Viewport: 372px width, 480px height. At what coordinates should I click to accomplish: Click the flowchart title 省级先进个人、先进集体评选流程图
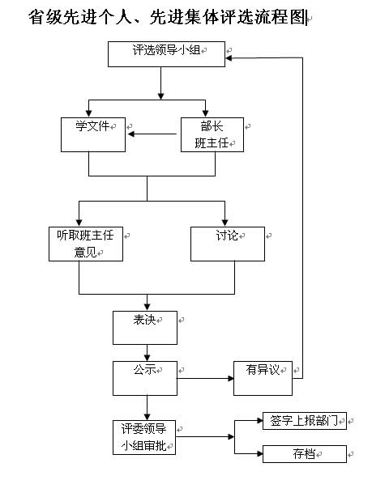167,17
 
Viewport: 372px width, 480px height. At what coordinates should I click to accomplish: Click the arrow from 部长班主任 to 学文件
152,134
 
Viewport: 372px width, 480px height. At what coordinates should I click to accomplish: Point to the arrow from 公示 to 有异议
205,379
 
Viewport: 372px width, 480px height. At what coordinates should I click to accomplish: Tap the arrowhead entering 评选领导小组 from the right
229,57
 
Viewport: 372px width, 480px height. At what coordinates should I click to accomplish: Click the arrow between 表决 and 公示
147,353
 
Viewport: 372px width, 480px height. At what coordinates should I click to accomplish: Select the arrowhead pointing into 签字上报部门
260,421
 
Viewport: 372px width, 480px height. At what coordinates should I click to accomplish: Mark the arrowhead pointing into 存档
260,453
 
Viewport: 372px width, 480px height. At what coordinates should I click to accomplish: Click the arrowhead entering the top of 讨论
225,223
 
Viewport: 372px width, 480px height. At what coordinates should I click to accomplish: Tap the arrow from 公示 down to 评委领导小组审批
147,408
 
